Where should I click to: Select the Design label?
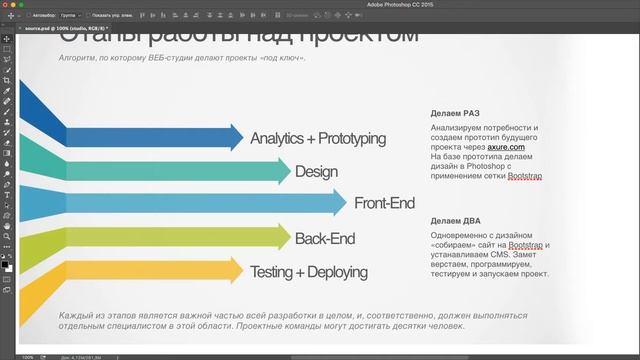click(316, 171)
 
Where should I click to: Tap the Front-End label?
click(384, 204)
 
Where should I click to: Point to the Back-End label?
click(325, 238)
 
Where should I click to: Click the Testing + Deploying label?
click(308, 271)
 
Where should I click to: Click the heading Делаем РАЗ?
click(455, 113)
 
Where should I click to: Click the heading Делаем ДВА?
click(455, 220)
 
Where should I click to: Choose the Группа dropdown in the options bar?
click(69, 16)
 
